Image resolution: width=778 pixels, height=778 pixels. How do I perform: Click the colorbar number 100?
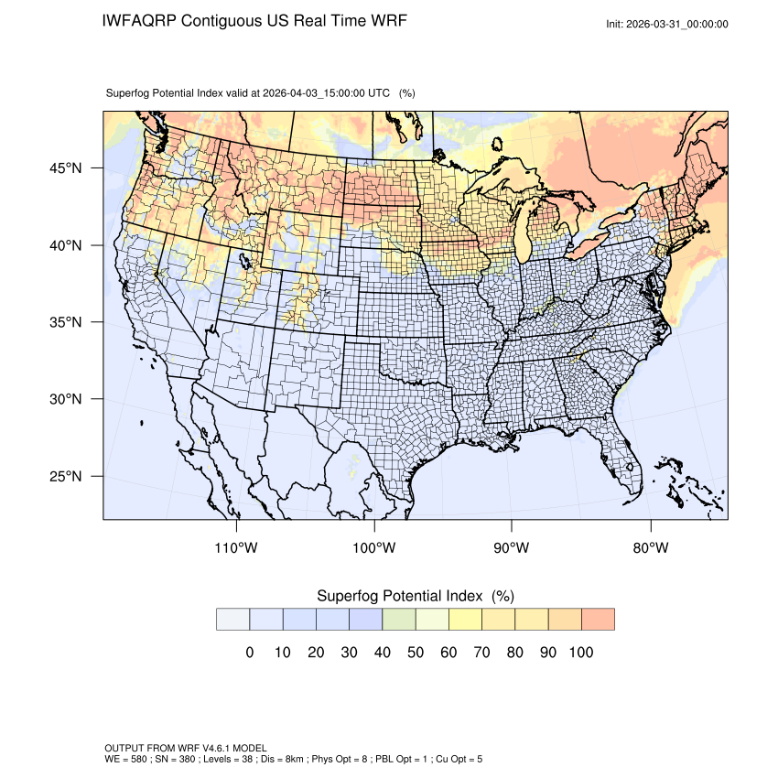pyautogui.click(x=580, y=653)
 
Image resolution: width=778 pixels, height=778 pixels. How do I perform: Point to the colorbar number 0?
pyautogui.click(x=249, y=653)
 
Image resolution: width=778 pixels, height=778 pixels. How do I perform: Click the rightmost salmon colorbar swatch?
pyautogui.click(x=598, y=619)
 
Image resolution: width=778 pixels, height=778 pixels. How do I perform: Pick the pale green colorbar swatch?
pyautogui.click(x=398, y=619)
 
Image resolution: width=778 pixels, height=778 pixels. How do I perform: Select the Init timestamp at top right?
pyautogui.click(x=667, y=24)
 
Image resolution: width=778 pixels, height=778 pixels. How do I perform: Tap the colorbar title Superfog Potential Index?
pyautogui.click(x=399, y=596)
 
